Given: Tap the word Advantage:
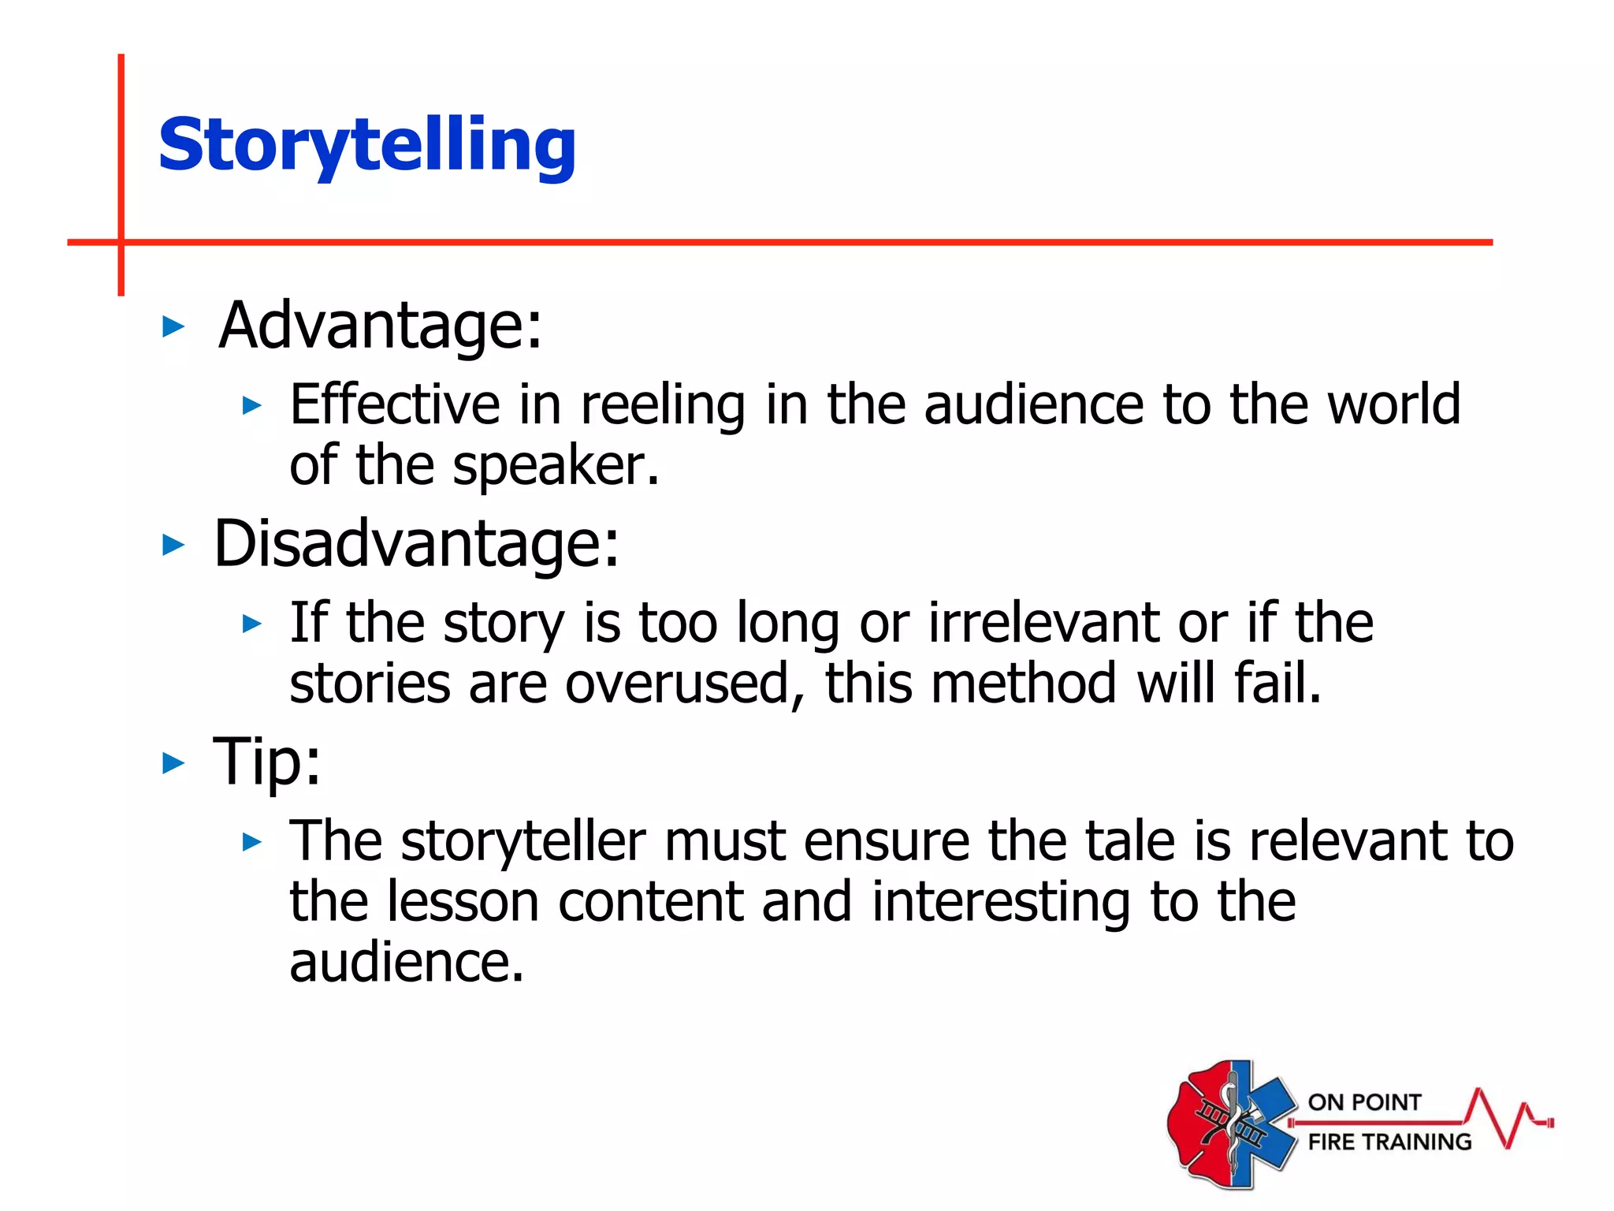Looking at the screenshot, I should click(381, 326).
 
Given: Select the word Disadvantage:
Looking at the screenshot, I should click(417, 544).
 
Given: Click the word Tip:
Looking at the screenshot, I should click(267, 762).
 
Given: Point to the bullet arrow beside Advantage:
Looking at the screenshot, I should click(173, 326).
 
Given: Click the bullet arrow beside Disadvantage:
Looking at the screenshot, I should click(173, 544).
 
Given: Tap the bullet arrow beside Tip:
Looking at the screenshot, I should click(173, 762).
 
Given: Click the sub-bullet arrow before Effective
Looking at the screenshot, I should click(251, 406).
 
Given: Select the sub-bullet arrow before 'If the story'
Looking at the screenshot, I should click(251, 624).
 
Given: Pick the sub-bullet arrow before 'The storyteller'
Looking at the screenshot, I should click(251, 842).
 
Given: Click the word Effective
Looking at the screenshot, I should click(394, 404).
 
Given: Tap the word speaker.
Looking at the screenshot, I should click(555, 466).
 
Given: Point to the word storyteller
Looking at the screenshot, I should click(523, 841).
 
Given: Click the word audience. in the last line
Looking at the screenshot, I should click(407, 963).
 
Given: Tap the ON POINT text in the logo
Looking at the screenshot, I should click(1364, 1102).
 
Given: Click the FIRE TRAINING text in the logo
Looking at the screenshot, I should click(1389, 1142).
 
